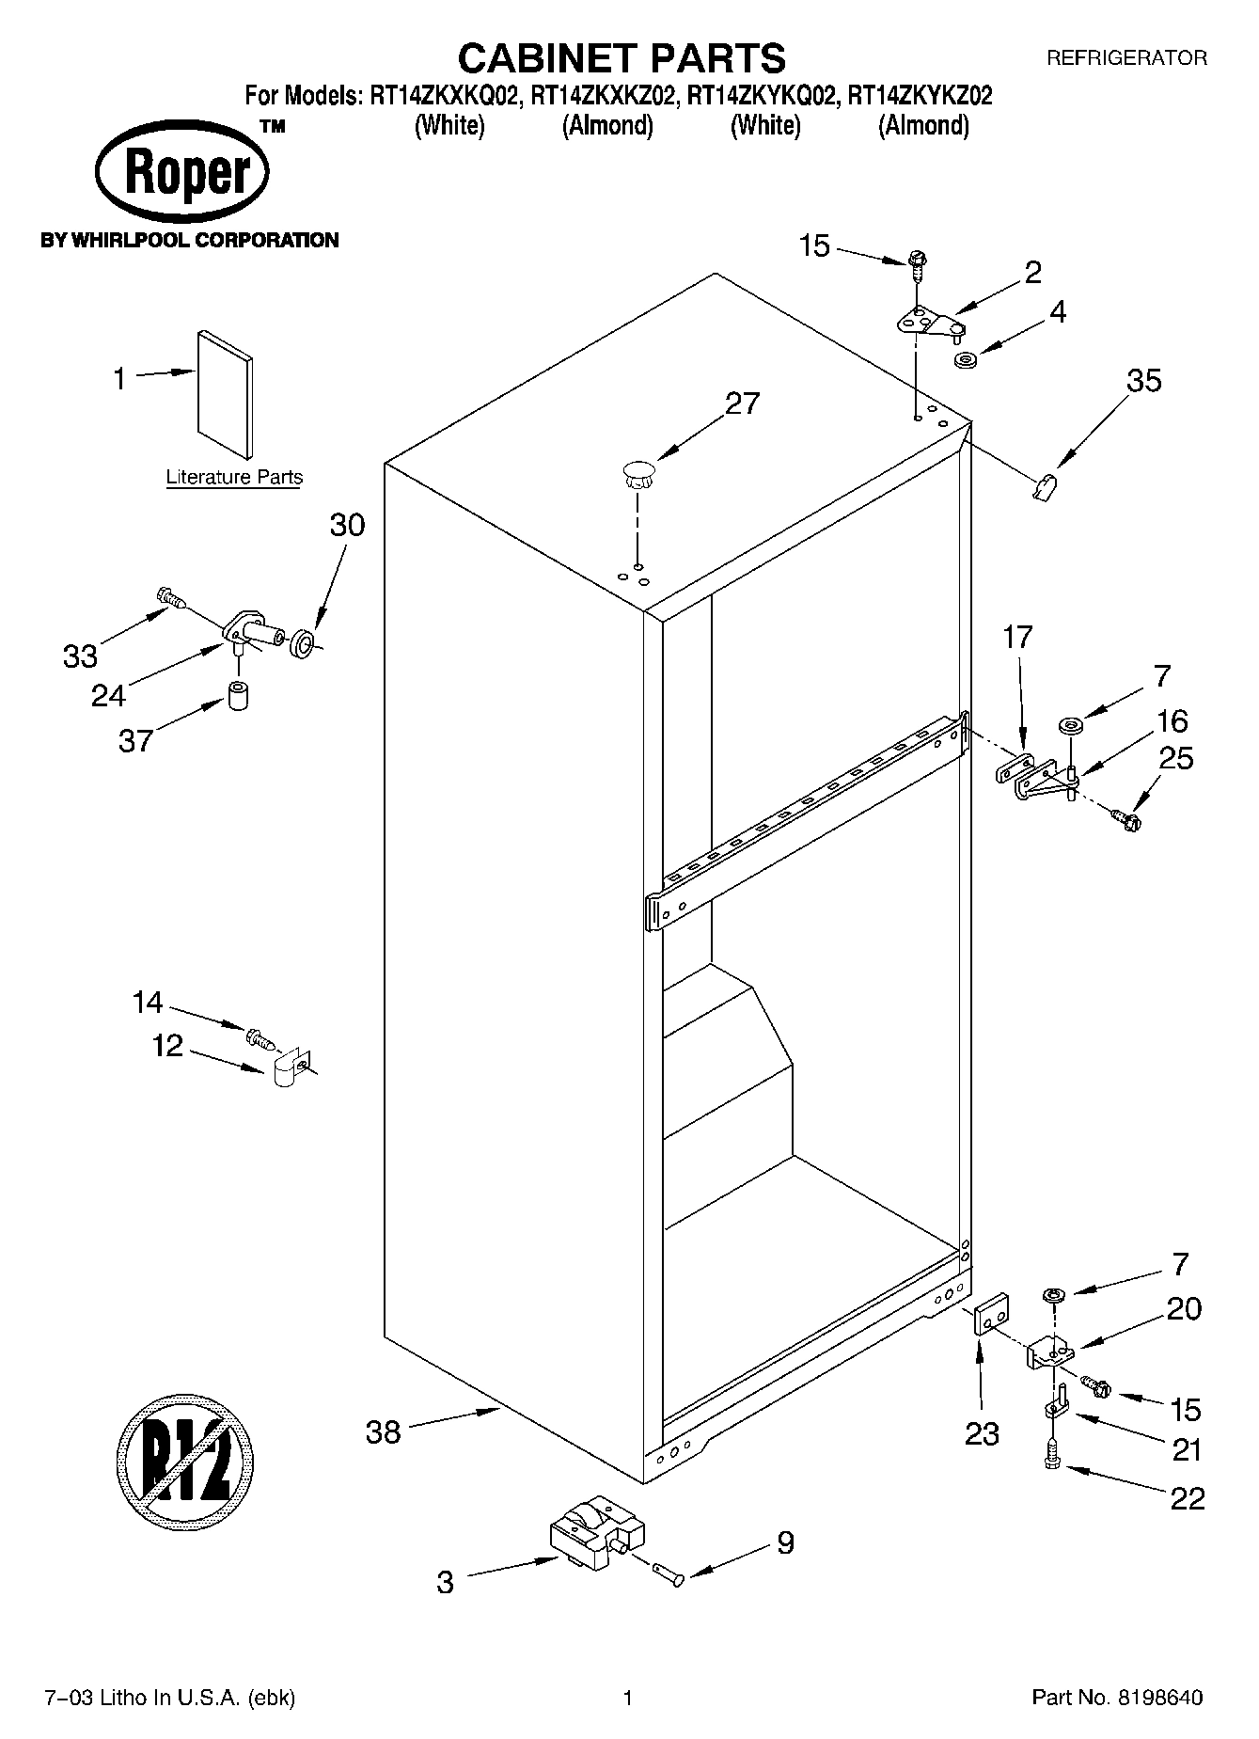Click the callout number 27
(742, 403)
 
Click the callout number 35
(1143, 380)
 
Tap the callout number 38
(383, 1433)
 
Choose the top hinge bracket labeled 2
(929, 324)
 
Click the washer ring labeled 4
(964, 360)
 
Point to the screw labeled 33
(170, 595)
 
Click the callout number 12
(167, 1045)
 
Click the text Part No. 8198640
(1117, 1698)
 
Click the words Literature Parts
(234, 477)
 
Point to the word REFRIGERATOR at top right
(1126, 58)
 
